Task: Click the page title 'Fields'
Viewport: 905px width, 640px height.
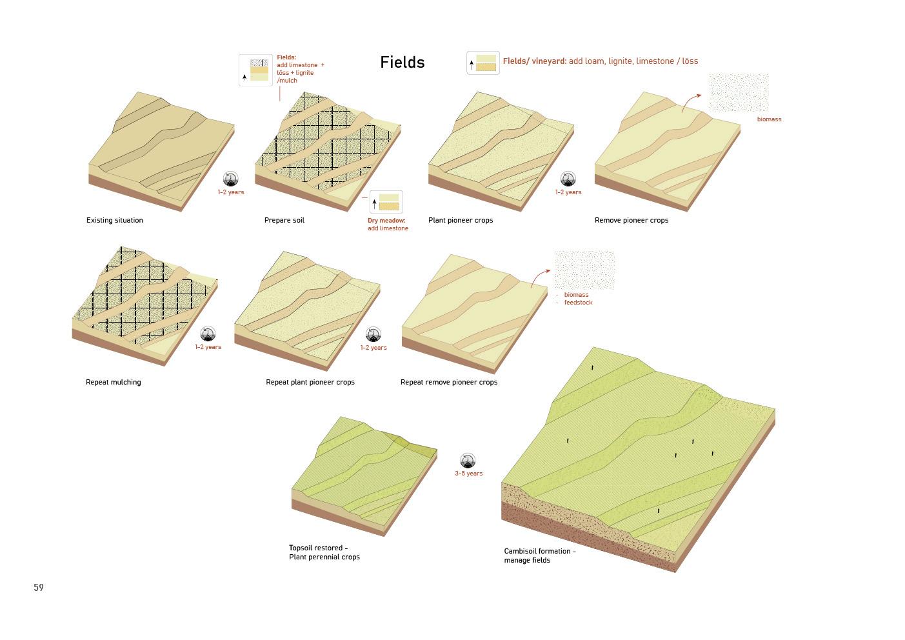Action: click(x=402, y=63)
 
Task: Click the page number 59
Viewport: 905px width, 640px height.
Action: click(x=39, y=588)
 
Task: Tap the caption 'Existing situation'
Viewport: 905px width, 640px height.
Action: click(x=115, y=221)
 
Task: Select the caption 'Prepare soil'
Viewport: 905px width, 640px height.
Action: click(x=284, y=221)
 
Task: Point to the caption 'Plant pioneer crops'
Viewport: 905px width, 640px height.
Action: click(x=461, y=221)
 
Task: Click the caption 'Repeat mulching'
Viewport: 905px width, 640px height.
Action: click(x=113, y=383)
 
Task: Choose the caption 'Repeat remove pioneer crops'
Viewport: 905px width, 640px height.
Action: click(x=449, y=383)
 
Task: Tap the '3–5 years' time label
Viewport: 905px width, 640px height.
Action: click(x=468, y=474)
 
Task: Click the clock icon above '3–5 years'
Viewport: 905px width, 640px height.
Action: click(x=468, y=461)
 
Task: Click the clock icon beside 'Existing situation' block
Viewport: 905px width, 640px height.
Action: click(x=230, y=179)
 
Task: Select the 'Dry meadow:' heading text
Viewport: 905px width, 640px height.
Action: click(x=386, y=221)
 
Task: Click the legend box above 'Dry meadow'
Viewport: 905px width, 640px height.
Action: click(x=386, y=202)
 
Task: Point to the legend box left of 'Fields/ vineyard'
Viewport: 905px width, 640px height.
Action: click(x=483, y=63)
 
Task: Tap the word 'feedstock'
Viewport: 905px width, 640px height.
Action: click(x=578, y=303)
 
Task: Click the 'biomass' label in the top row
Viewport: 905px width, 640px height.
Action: click(x=769, y=119)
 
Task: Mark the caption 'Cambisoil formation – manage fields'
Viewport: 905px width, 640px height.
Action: click(x=540, y=555)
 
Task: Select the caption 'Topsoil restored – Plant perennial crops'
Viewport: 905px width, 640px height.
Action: click(x=324, y=553)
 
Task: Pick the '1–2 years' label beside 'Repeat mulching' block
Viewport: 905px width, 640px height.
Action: click(x=208, y=347)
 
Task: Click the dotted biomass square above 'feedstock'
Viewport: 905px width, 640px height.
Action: click(x=584, y=270)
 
